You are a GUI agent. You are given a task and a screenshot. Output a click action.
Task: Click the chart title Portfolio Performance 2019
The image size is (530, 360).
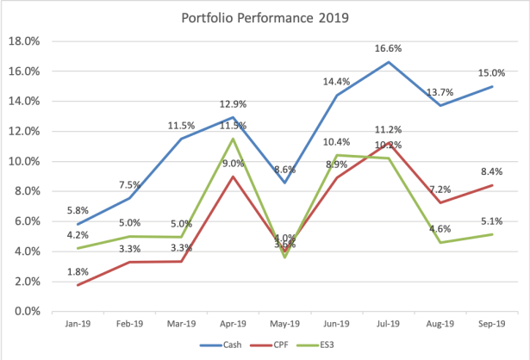coord(266,18)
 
